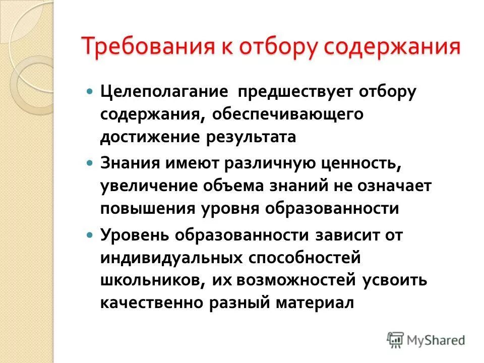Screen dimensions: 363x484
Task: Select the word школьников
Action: (149, 280)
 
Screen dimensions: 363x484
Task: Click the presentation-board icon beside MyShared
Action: (396, 339)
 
